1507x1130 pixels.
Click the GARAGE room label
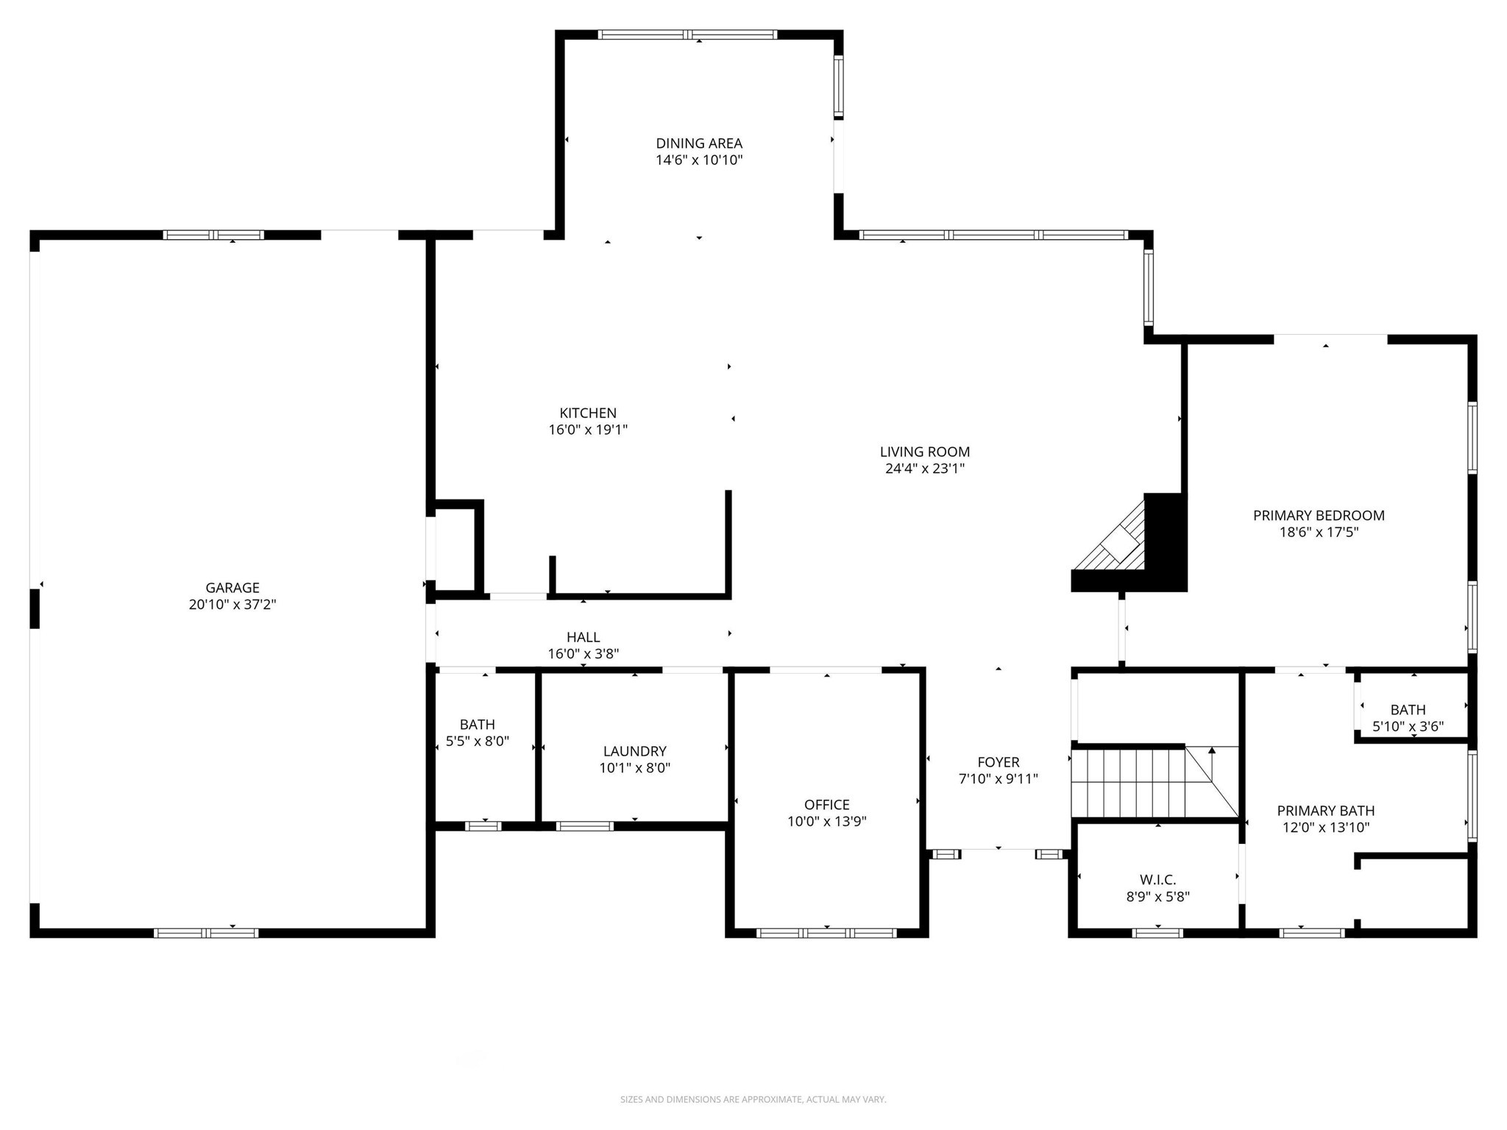tap(232, 587)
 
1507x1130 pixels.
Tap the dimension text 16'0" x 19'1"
tap(587, 430)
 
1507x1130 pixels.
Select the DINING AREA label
tap(698, 143)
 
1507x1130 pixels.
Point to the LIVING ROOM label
tap(924, 452)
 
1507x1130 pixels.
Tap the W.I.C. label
tap(1157, 879)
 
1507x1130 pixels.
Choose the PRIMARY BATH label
tap(1325, 810)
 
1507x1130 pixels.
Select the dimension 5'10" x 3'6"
tap(1408, 726)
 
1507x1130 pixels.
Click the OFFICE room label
tap(826, 804)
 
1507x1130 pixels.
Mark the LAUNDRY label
tap(634, 750)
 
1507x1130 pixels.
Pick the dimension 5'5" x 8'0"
tap(477, 741)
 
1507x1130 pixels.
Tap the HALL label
tap(583, 637)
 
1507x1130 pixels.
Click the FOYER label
tap(998, 762)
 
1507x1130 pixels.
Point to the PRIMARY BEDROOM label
tap(1318, 515)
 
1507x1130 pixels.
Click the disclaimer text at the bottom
tap(753, 1099)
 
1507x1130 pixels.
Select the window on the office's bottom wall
tap(826, 933)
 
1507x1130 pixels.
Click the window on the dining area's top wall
tap(687, 35)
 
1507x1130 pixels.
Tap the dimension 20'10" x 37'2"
tap(232, 604)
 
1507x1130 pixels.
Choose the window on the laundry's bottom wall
tap(584, 826)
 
